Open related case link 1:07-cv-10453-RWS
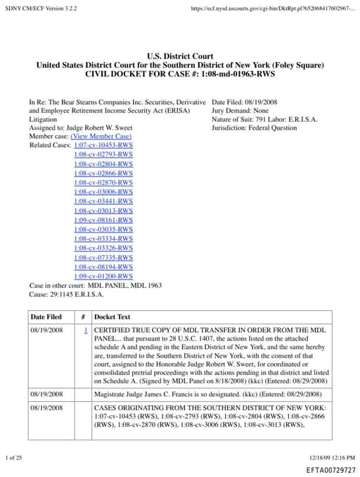(103, 145)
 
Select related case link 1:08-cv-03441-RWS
(103, 201)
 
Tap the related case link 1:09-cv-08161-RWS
(103, 220)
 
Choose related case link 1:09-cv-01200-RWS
(103, 276)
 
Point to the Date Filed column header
(46, 317)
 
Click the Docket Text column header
(112, 317)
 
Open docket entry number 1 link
(85, 330)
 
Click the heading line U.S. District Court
(180, 56)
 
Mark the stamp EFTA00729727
(331, 470)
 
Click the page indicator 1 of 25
(14, 457)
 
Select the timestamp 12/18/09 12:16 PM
(332, 457)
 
